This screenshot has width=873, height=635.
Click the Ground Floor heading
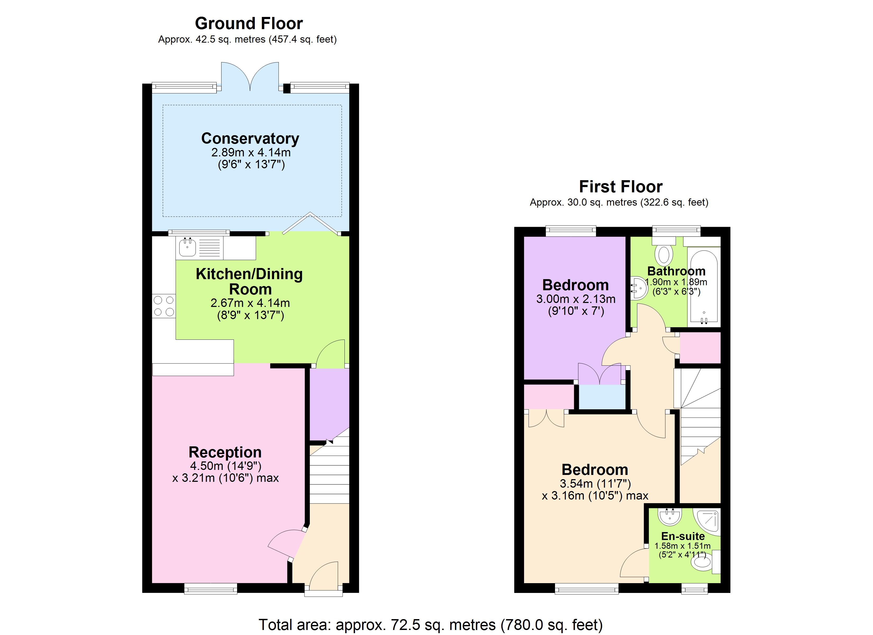pyautogui.click(x=249, y=24)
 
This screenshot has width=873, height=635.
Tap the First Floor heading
pyautogui.click(x=621, y=187)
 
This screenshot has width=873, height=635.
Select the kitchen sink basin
pyautogui.click(x=188, y=247)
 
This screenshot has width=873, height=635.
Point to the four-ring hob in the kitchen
pyautogui.click(x=163, y=306)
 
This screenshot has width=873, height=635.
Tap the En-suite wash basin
pyautogui.click(x=670, y=517)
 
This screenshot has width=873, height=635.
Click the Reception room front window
pyautogui.click(x=211, y=588)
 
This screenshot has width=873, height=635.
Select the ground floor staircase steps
pyautogui.click(x=330, y=478)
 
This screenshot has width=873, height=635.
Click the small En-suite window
pyautogui.click(x=694, y=588)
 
